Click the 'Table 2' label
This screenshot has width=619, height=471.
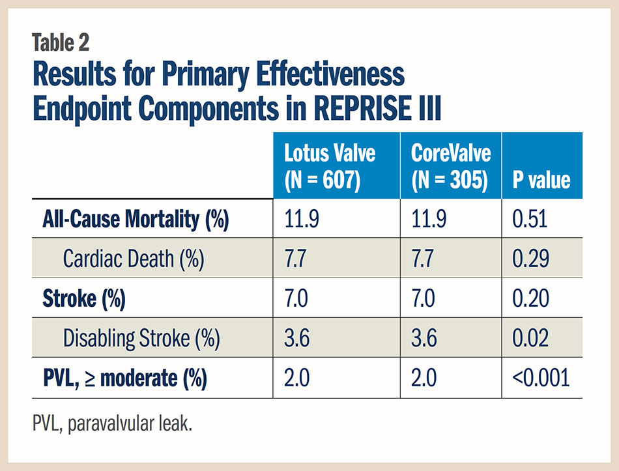(x=60, y=42)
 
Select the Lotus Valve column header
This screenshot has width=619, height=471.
(x=330, y=166)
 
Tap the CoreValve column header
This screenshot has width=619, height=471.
(x=451, y=166)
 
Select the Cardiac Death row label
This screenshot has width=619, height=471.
(x=134, y=259)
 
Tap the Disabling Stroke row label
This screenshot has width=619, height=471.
(x=141, y=338)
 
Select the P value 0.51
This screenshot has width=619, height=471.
(x=530, y=219)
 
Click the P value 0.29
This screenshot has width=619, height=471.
(x=530, y=259)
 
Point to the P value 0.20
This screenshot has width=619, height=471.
(x=530, y=298)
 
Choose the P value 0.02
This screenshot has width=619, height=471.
(x=530, y=338)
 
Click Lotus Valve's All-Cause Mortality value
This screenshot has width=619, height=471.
(x=301, y=219)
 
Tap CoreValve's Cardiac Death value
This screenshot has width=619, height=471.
(x=425, y=259)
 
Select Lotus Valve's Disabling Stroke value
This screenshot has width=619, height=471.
(x=298, y=338)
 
